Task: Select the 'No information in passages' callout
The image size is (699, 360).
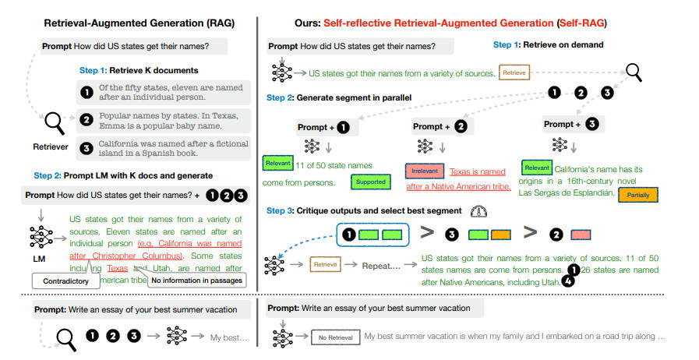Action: pos(196,280)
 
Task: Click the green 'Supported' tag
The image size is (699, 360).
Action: pos(371,182)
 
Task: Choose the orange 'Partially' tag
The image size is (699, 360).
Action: pos(637,195)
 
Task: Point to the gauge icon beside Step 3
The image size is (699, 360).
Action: pos(478,211)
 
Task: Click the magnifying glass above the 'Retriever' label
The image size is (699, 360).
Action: pos(55,122)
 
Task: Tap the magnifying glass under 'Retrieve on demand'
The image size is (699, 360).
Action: pos(634,72)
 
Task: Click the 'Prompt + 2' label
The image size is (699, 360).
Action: pos(440,125)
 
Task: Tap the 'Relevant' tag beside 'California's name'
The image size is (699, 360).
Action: pos(537,167)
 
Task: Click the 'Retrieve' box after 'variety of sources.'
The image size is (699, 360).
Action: pos(514,73)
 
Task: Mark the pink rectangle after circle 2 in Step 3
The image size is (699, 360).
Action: pos(580,234)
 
